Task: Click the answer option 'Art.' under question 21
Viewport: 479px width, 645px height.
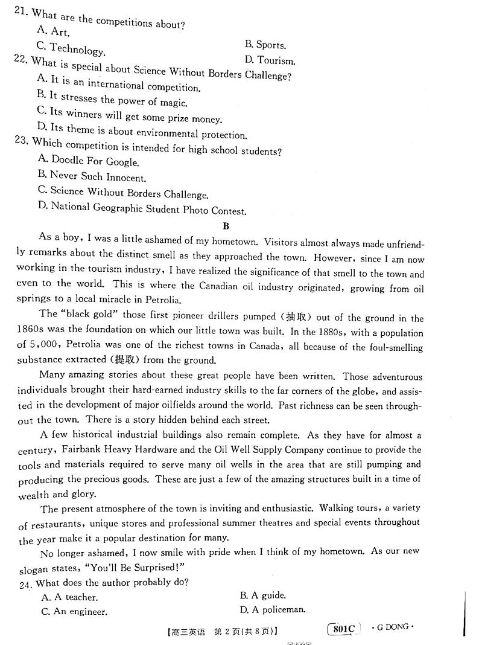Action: pos(53,31)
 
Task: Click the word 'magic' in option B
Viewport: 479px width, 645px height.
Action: pos(173,103)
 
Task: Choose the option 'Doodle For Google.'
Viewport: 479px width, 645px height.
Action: pos(88,161)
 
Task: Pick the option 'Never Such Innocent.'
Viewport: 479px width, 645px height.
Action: pos(92,177)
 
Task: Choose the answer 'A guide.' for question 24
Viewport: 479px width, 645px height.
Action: pos(263,595)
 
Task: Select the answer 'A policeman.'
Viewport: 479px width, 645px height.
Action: pos(272,610)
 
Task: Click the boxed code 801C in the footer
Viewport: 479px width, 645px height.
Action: pos(343,629)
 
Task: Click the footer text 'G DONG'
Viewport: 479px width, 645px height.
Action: pos(393,627)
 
